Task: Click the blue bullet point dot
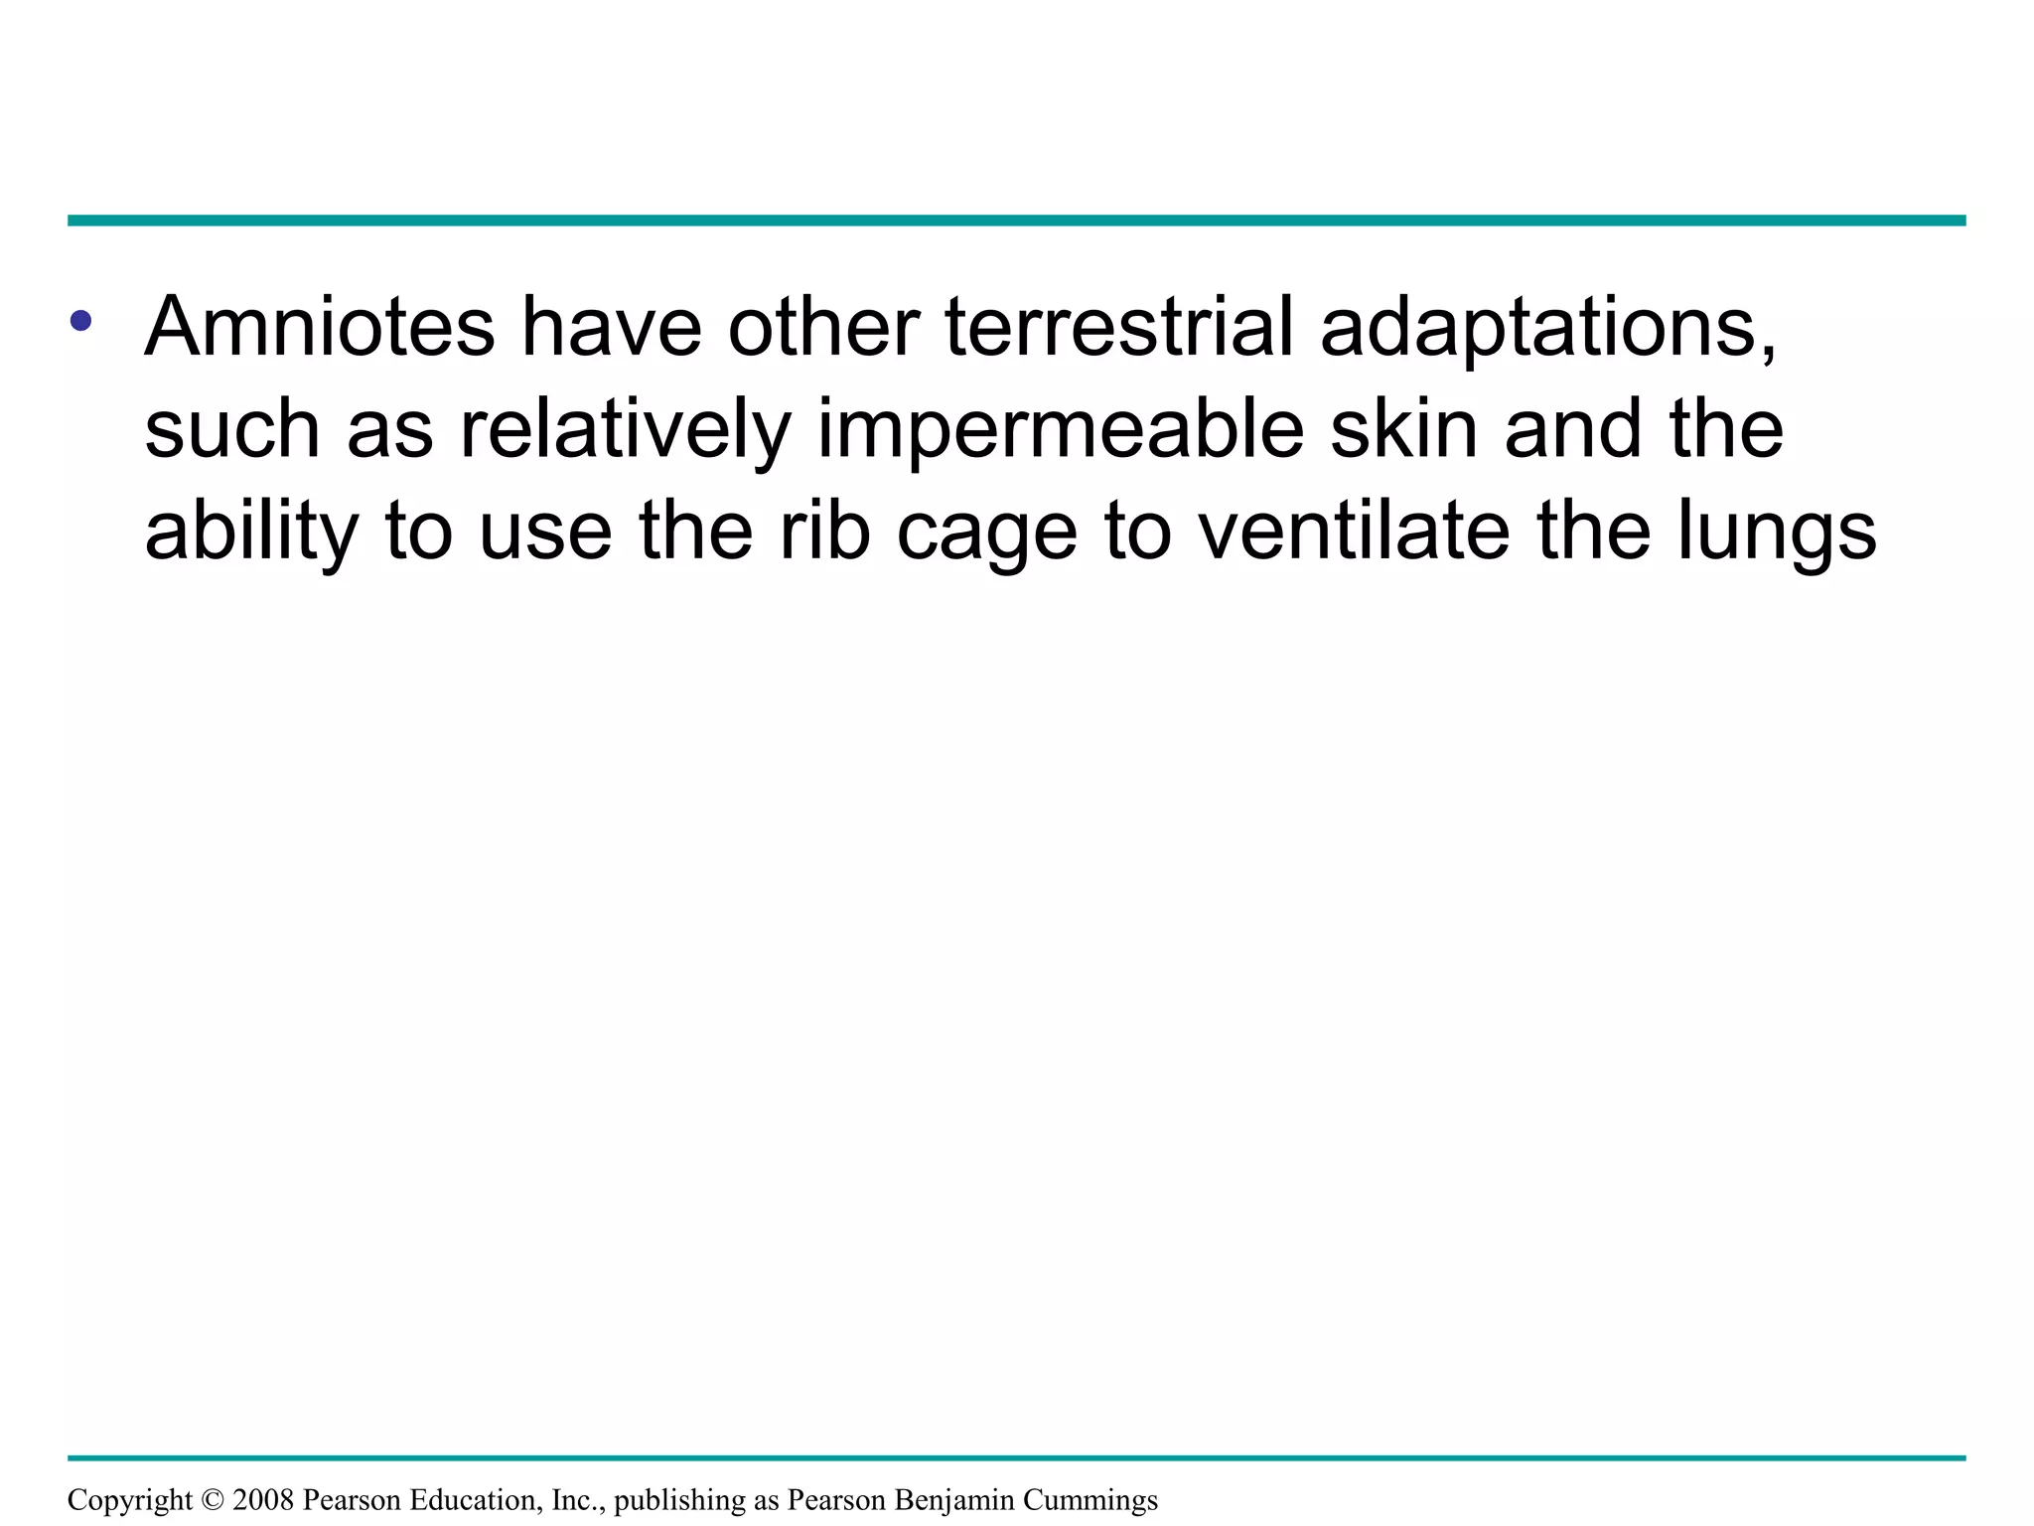[80, 321]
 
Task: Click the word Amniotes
[319, 327]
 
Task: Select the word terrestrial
[1119, 327]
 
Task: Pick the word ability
[251, 532]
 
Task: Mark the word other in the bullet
[823, 327]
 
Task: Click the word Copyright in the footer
[130, 1500]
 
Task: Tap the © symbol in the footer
[213, 1500]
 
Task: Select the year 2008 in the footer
[262, 1500]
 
